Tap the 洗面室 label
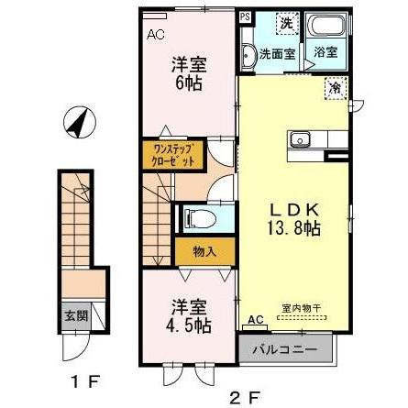click(x=277, y=53)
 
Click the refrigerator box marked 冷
click(x=336, y=88)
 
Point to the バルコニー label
click(x=286, y=350)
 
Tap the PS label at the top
click(x=245, y=17)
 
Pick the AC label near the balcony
click(x=254, y=321)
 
